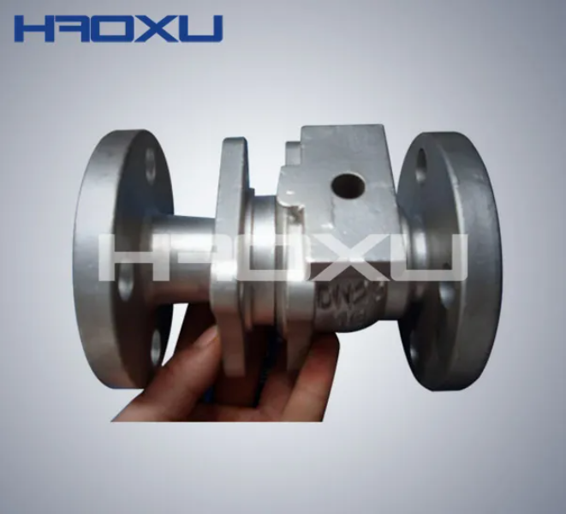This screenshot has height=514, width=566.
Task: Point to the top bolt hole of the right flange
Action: tap(421, 168)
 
